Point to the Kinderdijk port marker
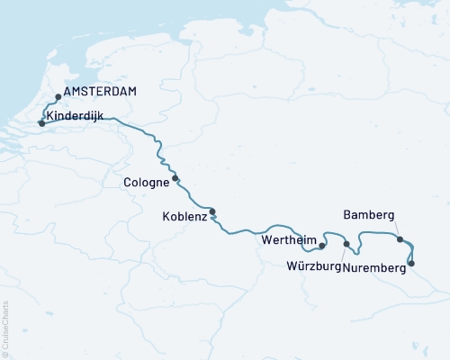pos(41,123)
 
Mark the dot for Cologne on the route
pos(175,177)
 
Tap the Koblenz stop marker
pos(212,212)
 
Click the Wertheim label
pos(288,241)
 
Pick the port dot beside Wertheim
pos(322,244)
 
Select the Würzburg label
pos(313,267)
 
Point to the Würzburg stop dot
pos(346,243)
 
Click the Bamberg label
pos(369,216)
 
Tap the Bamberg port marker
pos(400,239)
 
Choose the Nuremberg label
pos(376,267)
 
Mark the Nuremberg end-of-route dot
pos(411,264)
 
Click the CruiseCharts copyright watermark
pos(5,328)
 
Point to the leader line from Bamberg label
pos(392,229)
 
